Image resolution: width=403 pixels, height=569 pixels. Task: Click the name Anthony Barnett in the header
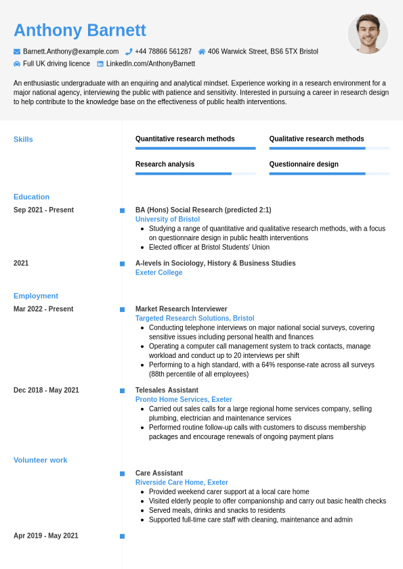tap(80, 30)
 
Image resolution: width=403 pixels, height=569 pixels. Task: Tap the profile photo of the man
tap(368, 34)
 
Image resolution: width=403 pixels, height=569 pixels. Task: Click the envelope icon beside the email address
tap(17, 51)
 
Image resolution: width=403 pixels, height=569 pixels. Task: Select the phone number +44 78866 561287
tap(163, 51)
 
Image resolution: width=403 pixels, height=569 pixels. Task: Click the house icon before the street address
tap(202, 51)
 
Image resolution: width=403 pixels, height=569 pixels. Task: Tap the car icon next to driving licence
tap(17, 64)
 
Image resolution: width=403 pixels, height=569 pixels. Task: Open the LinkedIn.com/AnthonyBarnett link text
tap(150, 64)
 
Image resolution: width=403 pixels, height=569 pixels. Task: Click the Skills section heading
tap(23, 139)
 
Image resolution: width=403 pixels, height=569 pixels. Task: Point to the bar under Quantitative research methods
tap(195, 148)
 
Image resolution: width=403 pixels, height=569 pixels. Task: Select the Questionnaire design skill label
tap(303, 164)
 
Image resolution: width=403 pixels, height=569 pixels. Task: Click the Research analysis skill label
tap(165, 164)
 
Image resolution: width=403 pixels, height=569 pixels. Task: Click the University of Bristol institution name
tap(167, 219)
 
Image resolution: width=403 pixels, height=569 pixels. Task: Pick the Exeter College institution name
tap(158, 273)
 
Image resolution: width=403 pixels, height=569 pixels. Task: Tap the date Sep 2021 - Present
tap(43, 210)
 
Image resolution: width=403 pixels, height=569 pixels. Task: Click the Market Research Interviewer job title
tap(181, 309)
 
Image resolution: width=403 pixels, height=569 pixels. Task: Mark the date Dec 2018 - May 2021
tap(46, 390)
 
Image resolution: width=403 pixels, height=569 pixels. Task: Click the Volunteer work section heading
tap(40, 460)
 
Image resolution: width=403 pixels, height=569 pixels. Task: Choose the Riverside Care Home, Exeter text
tap(182, 482)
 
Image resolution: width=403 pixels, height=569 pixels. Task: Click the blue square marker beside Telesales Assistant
tap(122, 390)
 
